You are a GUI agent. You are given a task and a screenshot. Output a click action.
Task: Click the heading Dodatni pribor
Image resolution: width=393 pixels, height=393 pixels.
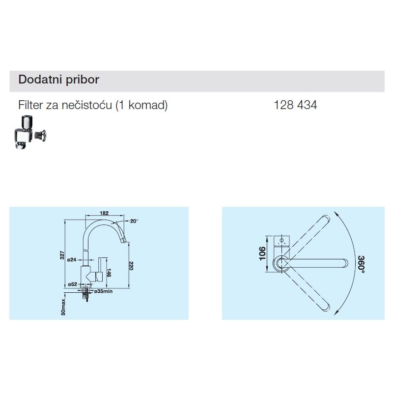pos(58,80)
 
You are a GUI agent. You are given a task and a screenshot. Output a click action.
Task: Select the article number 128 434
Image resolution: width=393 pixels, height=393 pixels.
pos(295,105)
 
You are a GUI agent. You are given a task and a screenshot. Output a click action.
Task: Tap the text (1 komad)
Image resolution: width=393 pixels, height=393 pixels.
pos(141,105)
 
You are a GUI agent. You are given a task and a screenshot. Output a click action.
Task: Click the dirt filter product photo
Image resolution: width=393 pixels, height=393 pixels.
pos(30,132)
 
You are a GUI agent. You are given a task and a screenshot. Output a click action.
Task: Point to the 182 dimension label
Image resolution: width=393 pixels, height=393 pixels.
pos(104,213)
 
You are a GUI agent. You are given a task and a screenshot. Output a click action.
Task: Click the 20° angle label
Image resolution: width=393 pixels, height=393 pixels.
pos(134,221)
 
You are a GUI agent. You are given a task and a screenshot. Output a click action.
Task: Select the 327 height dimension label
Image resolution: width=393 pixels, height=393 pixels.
pos(62,255)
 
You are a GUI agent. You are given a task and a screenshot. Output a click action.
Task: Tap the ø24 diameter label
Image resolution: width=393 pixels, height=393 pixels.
pos(72,260)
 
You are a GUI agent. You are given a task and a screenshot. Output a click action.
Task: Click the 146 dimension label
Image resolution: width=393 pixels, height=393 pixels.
pos(109,273)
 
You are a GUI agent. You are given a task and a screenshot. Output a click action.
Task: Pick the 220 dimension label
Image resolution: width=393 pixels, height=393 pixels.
pos(131,266)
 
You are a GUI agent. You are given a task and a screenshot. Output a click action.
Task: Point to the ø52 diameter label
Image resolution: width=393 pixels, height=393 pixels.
pos(73,284)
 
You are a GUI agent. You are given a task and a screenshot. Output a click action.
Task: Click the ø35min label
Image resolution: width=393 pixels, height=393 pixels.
pos(103,291)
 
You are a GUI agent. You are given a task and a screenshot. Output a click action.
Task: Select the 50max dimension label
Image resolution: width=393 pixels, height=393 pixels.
pos(63,307)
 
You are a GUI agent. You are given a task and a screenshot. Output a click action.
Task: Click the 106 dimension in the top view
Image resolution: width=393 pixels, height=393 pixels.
pos(262,253)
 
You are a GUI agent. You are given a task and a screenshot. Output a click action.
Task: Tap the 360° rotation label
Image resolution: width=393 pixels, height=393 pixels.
pos(361,264)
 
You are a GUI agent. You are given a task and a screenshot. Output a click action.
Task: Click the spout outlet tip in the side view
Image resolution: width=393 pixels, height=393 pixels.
pos(124,241)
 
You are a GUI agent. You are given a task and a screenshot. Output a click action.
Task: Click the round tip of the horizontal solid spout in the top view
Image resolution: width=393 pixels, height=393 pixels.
pos(345,263)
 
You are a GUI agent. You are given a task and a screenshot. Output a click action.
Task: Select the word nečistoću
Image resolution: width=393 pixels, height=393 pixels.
pos(87,105)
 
